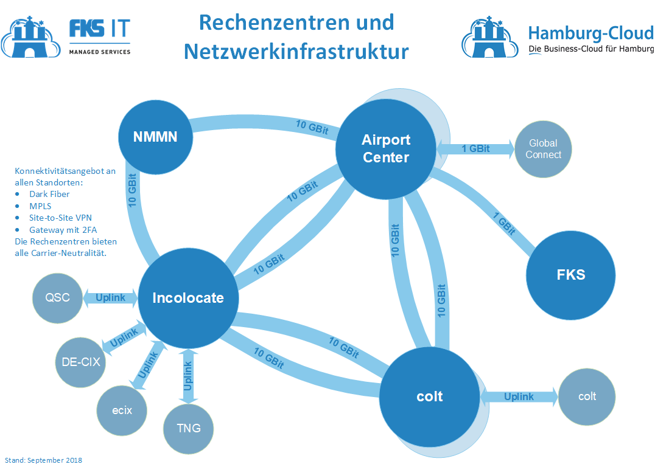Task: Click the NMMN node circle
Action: (x=155, y=137)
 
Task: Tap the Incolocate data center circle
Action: (x=188, y=298)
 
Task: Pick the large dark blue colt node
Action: (x=430, y=396)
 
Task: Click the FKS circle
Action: (x=570, y=274)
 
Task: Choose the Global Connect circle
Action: (x=543, y=149)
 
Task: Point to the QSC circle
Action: (x=57, y=297)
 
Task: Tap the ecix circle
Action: (x=122, y=410)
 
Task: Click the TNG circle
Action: (x=189, y=428)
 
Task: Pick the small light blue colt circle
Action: (x=587, y=396)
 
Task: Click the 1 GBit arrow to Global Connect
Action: (x=475, y=148)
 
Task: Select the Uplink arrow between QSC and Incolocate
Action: (x=110, y=297)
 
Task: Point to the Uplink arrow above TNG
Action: (x=188, y=376)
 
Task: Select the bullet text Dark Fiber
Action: (x=49, y=194)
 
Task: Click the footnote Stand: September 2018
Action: (x=43, y=460)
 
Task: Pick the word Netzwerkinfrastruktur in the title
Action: (x=296, y=51)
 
